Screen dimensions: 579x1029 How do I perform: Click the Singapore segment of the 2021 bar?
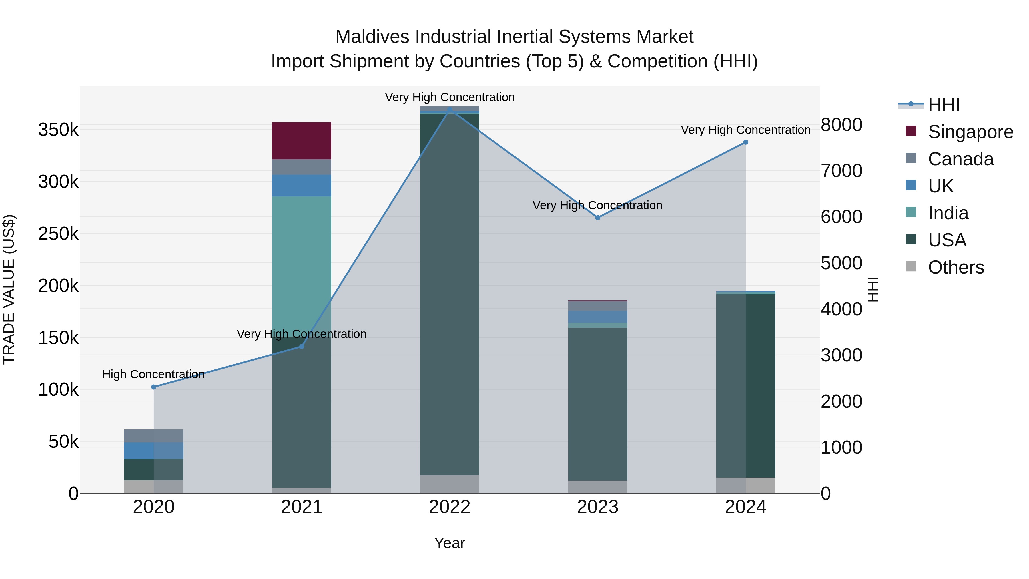(302, 141)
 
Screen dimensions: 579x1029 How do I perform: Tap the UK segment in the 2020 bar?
(153, 451)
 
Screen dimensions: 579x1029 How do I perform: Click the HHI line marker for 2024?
(745, 142)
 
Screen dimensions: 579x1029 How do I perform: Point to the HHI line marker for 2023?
(598, 218)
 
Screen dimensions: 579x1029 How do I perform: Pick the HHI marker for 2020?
(154, 387)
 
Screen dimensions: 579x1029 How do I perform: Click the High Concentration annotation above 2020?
(153, 374)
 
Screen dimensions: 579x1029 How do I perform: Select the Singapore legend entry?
(970, 132)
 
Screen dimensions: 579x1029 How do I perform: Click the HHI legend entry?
(944, 105)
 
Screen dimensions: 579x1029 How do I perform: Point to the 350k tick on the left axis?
(58, 130)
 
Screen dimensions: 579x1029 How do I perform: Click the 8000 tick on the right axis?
(841, 125)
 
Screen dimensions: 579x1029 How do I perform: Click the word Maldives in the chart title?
(372, 37)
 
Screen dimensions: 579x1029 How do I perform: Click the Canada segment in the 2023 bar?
(598, 306)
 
